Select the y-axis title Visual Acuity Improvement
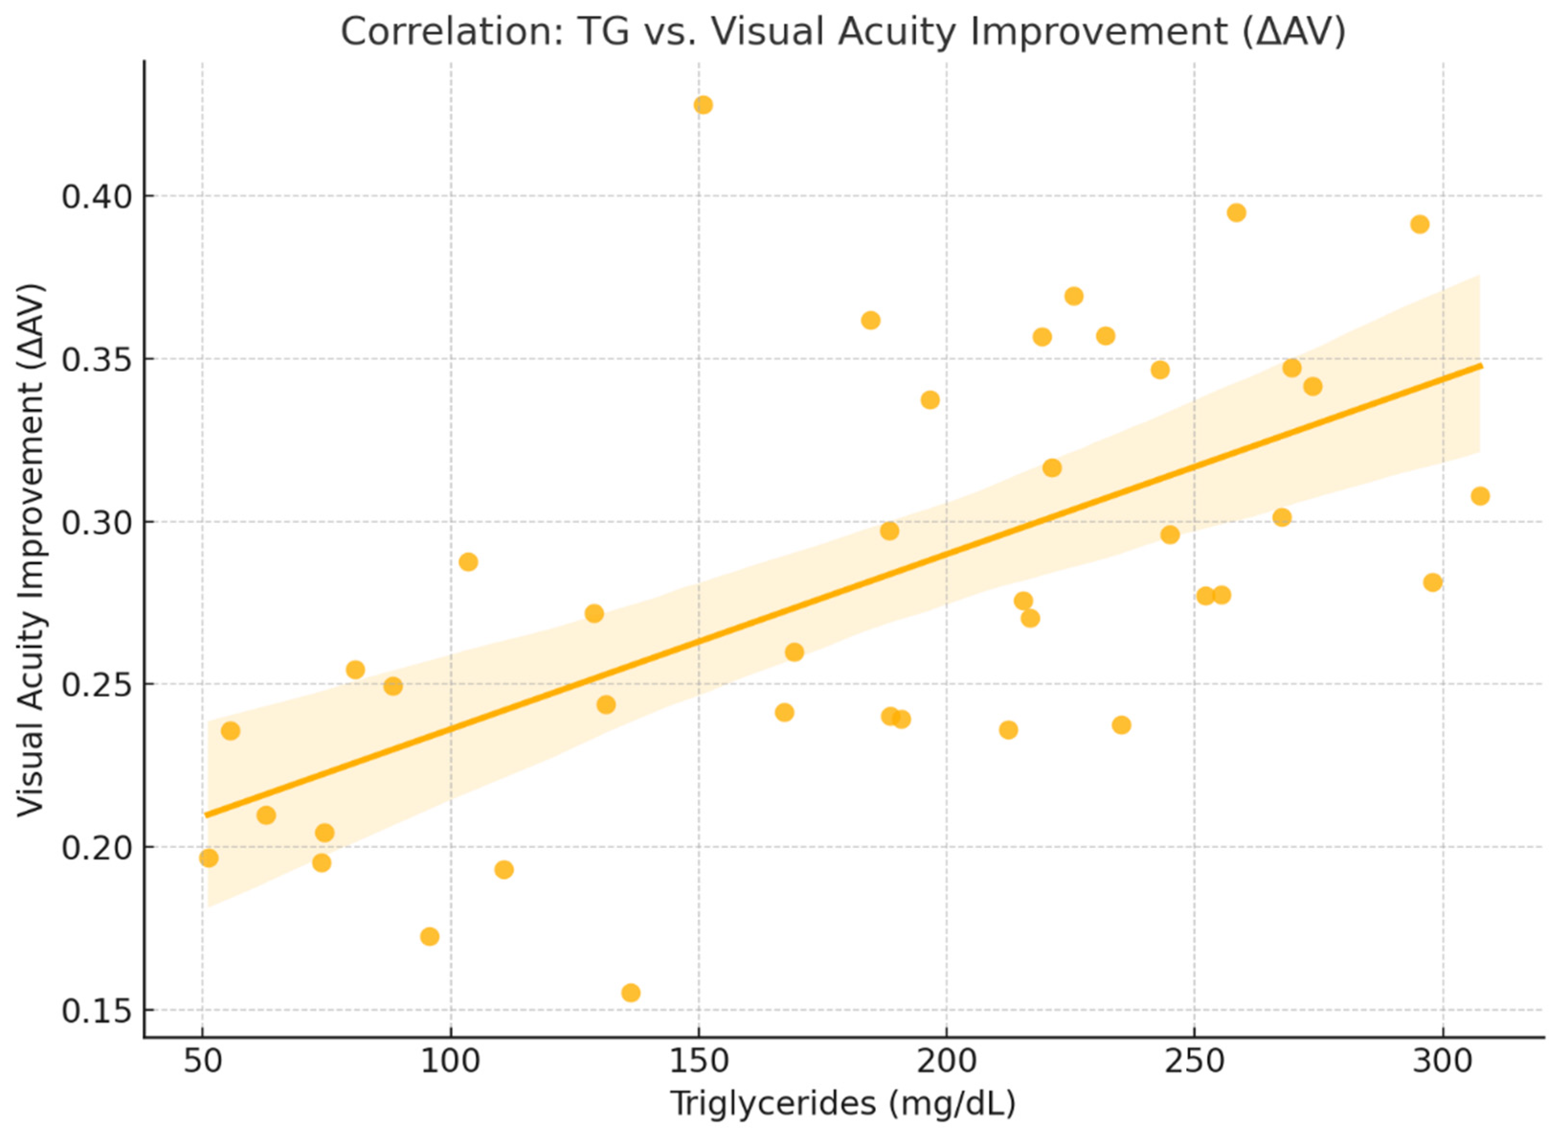tap(31, 550)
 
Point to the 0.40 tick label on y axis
tap(96, 197)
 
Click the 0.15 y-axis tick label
tap(96, 1011)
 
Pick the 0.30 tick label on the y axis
tap(96, 522)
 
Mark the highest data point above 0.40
tap(703, 105)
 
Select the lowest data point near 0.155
tap(631, 993)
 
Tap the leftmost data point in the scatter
tap(209, 858)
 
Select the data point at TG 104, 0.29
tap(468, 562)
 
